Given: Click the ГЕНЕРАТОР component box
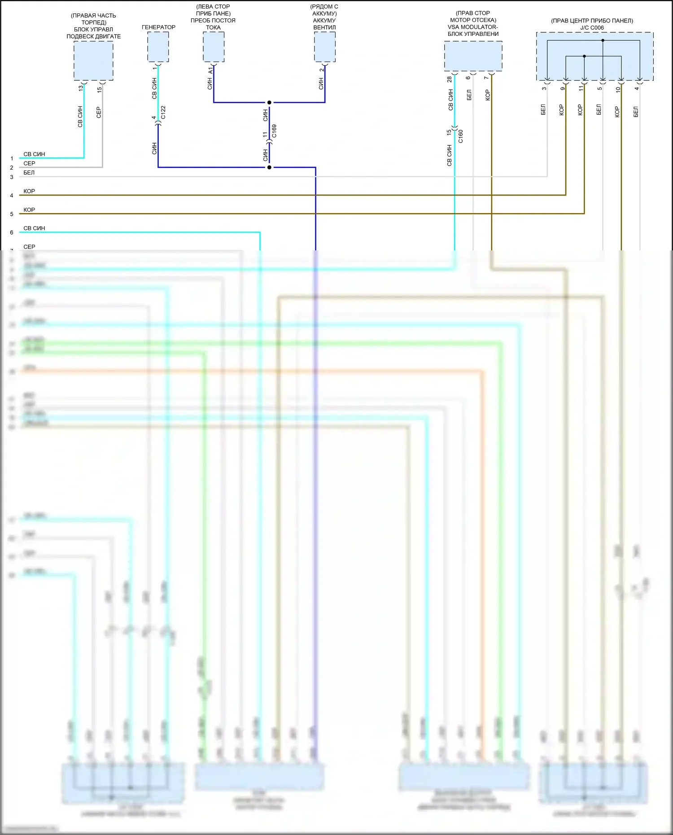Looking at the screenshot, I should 158,47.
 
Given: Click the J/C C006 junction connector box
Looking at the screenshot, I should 594,56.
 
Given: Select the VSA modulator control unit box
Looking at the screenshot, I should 473,56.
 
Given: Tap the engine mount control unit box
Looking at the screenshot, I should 93,61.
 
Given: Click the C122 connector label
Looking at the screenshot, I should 163,112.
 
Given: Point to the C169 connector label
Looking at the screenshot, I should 274,131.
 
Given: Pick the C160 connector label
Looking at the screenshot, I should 460,136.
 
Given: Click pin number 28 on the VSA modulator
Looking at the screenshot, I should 450,79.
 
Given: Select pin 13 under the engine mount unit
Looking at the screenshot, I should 81,88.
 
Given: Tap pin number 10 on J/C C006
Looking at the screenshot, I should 618,89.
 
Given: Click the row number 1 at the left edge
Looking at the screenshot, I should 12,158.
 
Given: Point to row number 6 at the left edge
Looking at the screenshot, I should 12,232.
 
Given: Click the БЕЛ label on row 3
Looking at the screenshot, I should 29,173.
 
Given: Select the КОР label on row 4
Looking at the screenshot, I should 29,191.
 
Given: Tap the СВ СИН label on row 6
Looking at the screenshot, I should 34,228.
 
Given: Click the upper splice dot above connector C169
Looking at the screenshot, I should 269,102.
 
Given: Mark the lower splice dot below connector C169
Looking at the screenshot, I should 269,167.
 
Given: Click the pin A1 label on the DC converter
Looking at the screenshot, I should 210,70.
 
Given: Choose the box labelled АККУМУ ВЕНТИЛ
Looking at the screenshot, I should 324,47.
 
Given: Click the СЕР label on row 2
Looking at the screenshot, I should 29,163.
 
